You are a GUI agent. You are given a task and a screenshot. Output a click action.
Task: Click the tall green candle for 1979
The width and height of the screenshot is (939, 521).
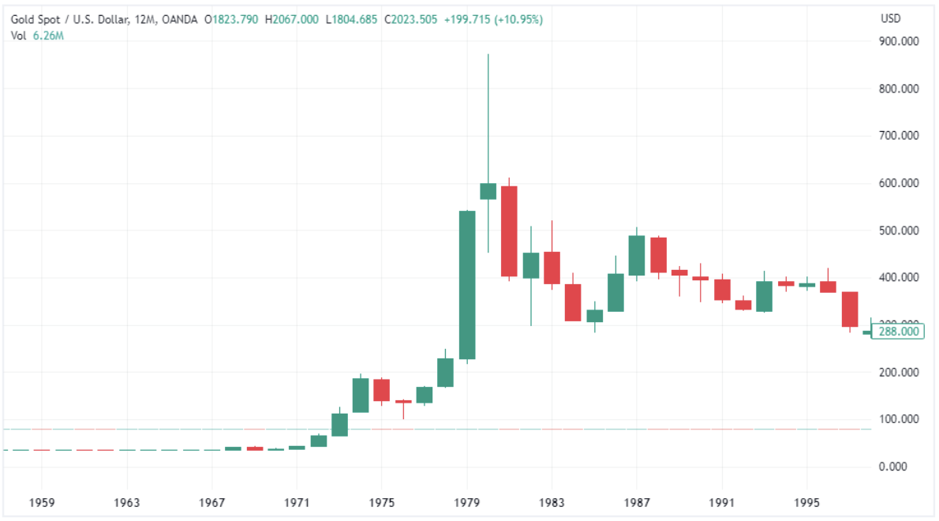tap(467, 286)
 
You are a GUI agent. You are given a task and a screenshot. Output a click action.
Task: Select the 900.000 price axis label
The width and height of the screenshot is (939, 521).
tap(899, 42)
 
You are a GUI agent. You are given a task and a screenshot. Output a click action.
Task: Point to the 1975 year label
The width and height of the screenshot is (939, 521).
tap(381, 502)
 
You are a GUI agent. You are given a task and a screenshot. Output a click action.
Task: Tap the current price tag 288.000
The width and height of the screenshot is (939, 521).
tap(899, 332)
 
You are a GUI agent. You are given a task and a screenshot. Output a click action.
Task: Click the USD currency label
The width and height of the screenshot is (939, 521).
tap(891, 18)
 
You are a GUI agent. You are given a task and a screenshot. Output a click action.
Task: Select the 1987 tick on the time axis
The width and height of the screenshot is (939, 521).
tap(637, 502)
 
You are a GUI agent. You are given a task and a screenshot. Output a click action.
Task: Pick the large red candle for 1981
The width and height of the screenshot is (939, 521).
tap(509, 231)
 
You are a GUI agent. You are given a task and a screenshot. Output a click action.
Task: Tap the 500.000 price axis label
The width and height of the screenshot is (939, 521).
tap(899, 231)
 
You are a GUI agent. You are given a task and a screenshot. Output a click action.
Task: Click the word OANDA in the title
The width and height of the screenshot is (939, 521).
tap(182, 20)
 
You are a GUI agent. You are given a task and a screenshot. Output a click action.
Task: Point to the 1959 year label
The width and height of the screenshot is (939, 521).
tap(42, 502)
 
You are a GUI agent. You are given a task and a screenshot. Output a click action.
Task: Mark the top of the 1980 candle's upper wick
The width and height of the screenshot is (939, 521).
tap(488, 54)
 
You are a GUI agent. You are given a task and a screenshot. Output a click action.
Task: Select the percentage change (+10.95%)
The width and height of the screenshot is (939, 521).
tap(518, 20)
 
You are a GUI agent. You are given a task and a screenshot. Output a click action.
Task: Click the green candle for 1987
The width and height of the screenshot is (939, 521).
tap(637, 255)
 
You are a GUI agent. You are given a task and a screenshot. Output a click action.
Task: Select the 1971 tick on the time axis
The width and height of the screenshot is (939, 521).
tap(296, 502)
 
